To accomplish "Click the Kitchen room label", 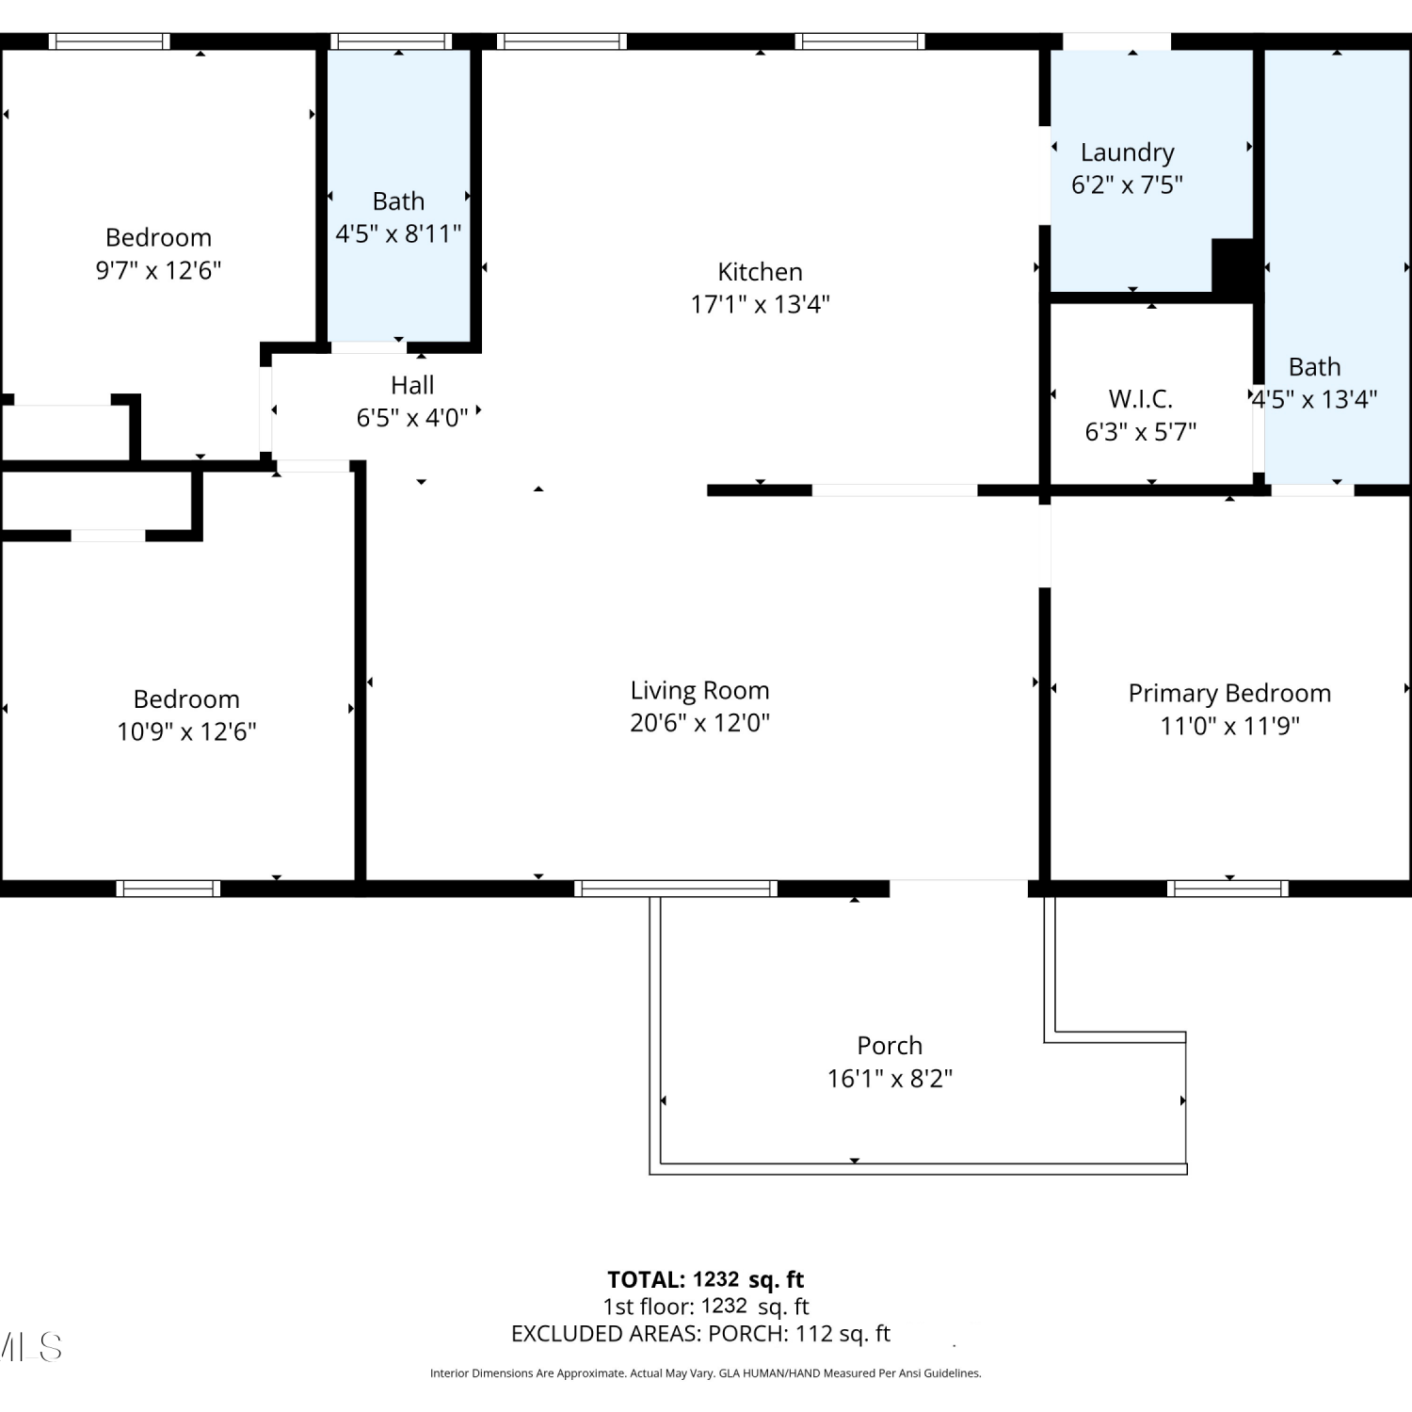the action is tap(760, 272).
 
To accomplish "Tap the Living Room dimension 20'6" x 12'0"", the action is tap(699, 723).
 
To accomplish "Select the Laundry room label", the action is tap(1127, 152).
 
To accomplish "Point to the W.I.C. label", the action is tap(1140, 399).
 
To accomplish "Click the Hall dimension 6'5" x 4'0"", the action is tap(412, 418).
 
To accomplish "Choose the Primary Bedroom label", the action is tap(1229, 694).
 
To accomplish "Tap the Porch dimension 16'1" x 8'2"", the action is tap(890, 1079).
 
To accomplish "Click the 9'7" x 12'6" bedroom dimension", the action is tap(158, 271).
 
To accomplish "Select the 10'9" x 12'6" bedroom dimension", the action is tap(186, 732).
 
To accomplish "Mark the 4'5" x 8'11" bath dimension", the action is tap(398, 233).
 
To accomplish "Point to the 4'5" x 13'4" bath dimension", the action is tap(1314, 399).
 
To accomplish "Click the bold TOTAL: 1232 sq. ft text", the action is tap(706, 1279).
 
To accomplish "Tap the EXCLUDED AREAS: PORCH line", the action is tap(700, 1334).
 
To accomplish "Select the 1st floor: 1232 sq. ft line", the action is tap(706, 1307).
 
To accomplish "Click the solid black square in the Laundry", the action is tap(1233, 266).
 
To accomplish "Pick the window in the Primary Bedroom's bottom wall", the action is tap(1227, 889).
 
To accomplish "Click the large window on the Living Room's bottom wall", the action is tap(676, 889).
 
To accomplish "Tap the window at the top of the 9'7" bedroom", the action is tap(109, 41).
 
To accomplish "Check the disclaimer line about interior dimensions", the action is tap(706, 1373).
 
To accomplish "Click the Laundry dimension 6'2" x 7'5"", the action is tap(1127, 185).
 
